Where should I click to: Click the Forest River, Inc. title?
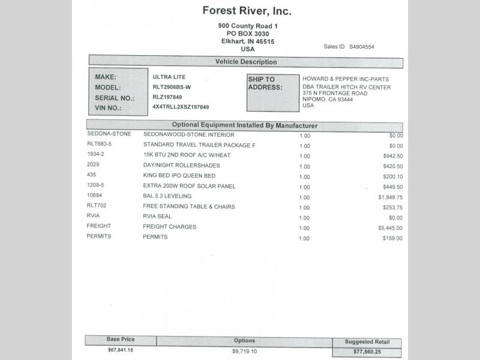pyautogui.click(x=247, y=11)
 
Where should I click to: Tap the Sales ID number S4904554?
pyautogui.click(x=362, y=46)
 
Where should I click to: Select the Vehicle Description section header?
pyautogui.click(x=246, y=62)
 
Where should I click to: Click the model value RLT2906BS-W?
pyautogui.click(x=172, y=87)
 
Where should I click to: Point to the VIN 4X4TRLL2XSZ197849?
pyautogui.click(x=181, y=107)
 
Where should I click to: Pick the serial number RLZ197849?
pyautogui.click(x=167, y=97)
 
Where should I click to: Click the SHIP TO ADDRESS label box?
pyautogui.click(x=272, y=92)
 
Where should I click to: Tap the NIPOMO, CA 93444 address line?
pyautogui.click(x=328, y=100)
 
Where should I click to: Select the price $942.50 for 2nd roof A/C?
pyautogui.click(x=392, y=156)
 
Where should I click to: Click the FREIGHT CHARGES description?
pyautogui.click(x=169, y=227)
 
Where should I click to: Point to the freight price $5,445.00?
pyautogui.click(x=390, y=228)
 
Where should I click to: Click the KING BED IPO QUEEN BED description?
pyautogui.click(x=179, y=175)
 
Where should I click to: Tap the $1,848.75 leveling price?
pyautogui.click(x=390, y=197)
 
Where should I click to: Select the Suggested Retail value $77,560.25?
pyautogui.click(x=367, y=352)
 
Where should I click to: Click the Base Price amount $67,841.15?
pyautogui.click(x=121, y=350)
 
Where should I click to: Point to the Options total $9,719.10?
pyautogui.click(x=244, y=351)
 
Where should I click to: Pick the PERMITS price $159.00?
pyautogui.click(x=392, y=238)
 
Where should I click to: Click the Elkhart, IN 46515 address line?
pyautogui.click(x=247, y=41)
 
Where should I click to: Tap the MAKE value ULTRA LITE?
pyautogui.click(x=169, y=77)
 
